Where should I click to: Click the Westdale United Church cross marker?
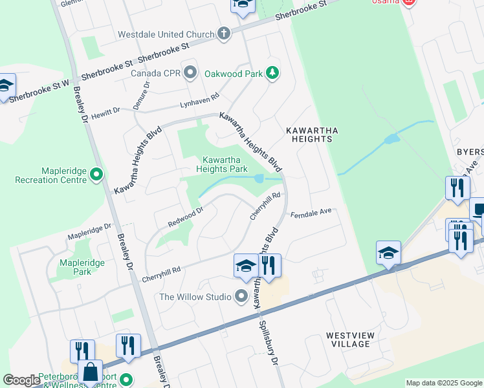[224, 34]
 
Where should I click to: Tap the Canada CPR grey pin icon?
[190, 72]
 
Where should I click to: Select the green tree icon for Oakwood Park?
[272, 73]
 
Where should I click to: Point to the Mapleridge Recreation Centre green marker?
[96, 174]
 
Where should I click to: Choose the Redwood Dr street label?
[186, 217]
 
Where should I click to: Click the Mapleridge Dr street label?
[90, 232]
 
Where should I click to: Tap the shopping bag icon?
[90, 372]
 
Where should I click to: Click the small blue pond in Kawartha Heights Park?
[259, 178]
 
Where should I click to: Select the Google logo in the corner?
[21, 380]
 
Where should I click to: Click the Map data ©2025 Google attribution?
[443, 383]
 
